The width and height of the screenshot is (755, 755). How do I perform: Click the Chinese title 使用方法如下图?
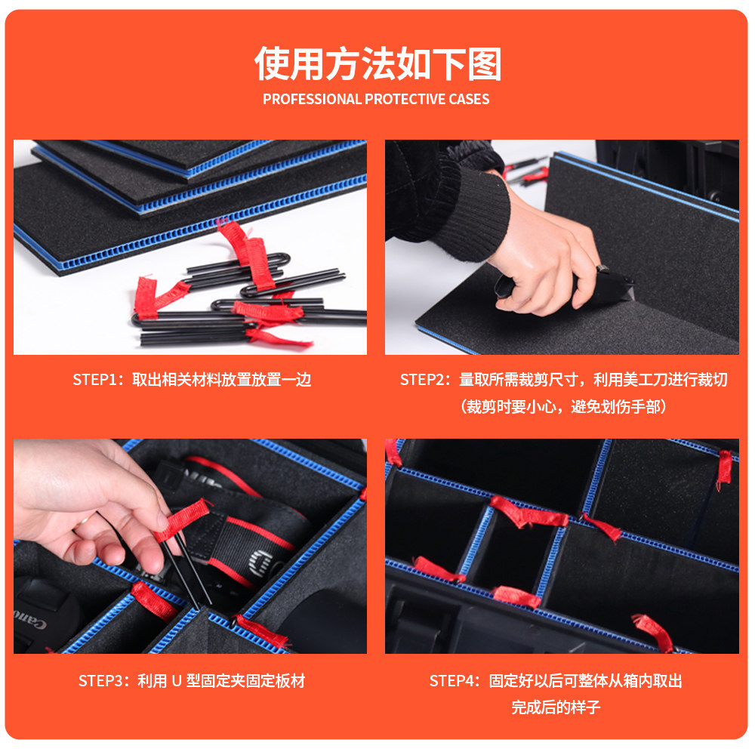tap(377, 63)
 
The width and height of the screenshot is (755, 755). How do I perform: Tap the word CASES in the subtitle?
tap(469, 99)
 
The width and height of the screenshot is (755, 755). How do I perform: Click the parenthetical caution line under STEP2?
tap(563, 408)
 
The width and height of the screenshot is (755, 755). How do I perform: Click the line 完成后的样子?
tap(556, 708)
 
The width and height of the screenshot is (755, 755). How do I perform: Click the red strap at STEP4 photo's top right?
tap(724, 468)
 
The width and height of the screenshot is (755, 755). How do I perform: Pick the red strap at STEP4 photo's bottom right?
tap(654, 630)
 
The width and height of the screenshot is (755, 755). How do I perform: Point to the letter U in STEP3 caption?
tap(176, 681)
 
